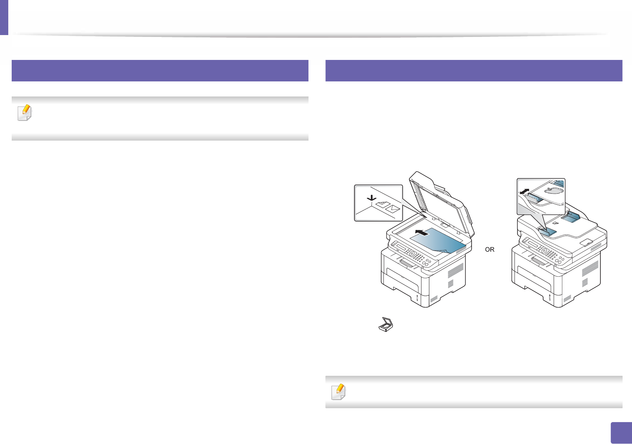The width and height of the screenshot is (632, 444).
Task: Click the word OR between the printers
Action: (490, 250)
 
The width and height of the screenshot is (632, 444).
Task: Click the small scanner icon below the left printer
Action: (386, 325)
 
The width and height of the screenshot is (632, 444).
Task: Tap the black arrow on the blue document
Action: (421, 233)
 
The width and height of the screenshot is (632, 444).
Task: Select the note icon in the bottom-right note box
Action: (339, 392)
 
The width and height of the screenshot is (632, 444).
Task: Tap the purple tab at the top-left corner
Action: (4, 17)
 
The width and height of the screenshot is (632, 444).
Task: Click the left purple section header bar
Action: (160, 70)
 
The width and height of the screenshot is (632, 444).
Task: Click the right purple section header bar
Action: (473, 70)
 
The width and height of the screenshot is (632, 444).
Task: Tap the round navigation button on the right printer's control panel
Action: (544, 250)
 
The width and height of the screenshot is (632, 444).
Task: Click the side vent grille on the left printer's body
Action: (455, 273)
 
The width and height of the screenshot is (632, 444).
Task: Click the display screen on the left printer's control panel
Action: (399, 248)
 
